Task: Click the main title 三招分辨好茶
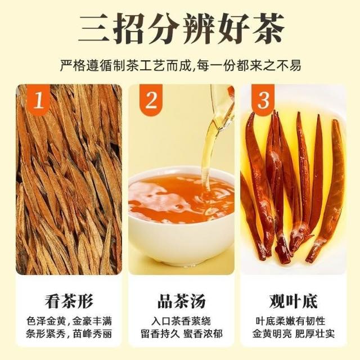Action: (x=181, y=29)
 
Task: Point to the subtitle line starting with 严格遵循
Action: (x=181, y=66)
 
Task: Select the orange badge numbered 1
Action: (x=38, y=100)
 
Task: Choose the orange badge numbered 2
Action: (x=151, y=100)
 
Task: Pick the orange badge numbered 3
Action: (x=263, y=100)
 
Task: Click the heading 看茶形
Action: (x=69, y=301)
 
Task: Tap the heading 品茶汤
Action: (x=181, y=301)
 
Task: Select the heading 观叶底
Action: (x=294, y=301)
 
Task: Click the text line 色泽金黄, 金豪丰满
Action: (x=69, y=321)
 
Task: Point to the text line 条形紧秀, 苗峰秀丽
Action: (x=69, y=334)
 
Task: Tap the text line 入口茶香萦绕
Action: (x=181, y=321)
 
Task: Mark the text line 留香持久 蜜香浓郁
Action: (x=182, y=334)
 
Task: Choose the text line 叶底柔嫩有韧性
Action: (x=291, y=321)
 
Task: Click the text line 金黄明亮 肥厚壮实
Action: (x=294, y=334)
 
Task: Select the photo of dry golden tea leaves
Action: (x=69, y=179)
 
